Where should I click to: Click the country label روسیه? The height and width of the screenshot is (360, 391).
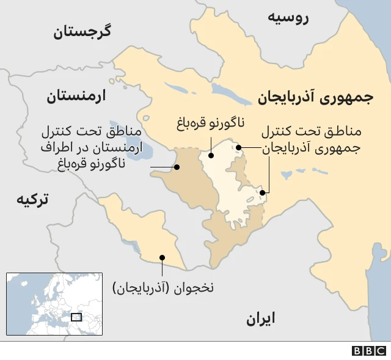click(x=288, y=17)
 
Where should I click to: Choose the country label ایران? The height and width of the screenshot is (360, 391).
click(x=261, y=318)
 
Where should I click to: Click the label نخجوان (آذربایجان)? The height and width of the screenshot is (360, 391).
click(x=164, y=286)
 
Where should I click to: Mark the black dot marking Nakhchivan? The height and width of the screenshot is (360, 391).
click(x=162, y=257)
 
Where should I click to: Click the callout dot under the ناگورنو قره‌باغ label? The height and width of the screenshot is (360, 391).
click(x=211, y=155)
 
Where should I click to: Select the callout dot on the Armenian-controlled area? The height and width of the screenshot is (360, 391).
click(x=177, y=167)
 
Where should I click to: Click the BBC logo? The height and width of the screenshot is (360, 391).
click(x=369, y=351)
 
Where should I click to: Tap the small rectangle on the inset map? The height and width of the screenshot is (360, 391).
click(x=76, y=317)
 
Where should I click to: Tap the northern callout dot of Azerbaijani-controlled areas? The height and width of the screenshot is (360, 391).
click(x=239, y=147)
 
